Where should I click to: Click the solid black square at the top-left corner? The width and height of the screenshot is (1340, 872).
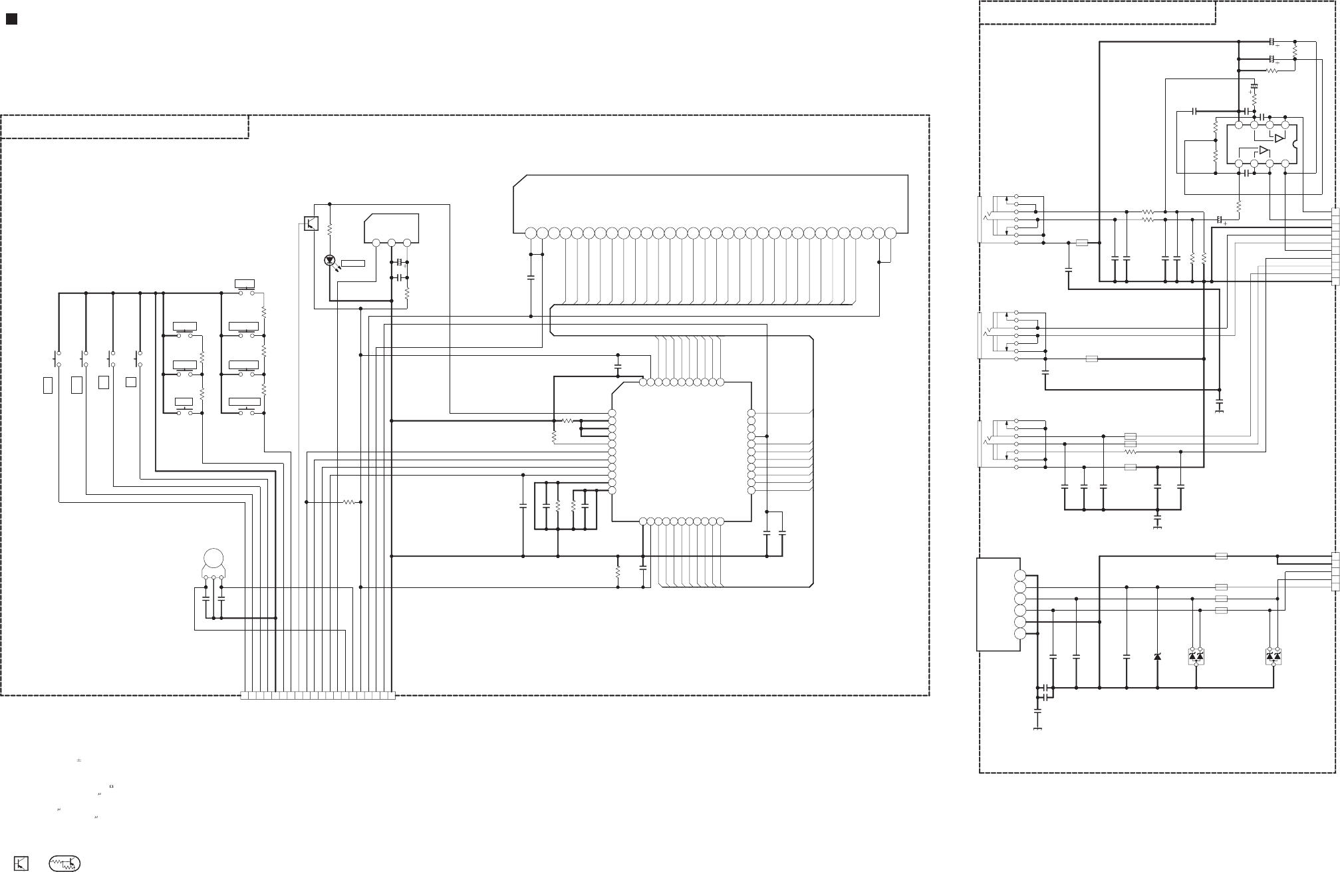pos(11,19)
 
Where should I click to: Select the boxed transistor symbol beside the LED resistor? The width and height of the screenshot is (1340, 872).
pos(311,223)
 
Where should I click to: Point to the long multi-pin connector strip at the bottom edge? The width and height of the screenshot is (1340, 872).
pos(317,696)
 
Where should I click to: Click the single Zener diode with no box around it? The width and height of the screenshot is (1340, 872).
pos(1158,656)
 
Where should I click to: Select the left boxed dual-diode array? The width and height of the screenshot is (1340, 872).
pos(1196,656)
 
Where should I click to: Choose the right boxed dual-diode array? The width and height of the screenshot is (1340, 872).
pos(1273,656)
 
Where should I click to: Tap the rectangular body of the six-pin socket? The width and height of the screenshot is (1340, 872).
pos(998,604)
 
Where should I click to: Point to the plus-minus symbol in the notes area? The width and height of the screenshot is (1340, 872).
pos(78,760)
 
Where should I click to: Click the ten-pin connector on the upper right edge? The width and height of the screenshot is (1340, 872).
pos(1335,247)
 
